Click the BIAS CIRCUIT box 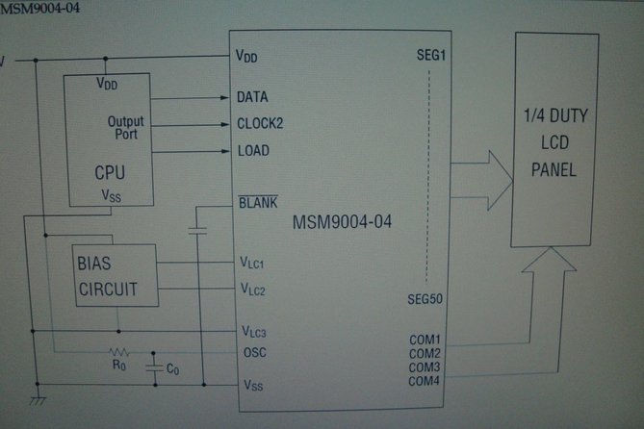tap(116, 275)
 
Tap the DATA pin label tap(252, 98)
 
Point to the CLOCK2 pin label tap(260, 124)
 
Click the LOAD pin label tap(252, 151)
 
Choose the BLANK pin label tap(257, 203)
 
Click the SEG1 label tap(427, 57)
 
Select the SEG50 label tap(425, 299)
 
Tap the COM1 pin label tap(425, 340)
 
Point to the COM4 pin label tap(425, 381)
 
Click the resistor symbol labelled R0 tap(119, 351)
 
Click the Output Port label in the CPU tap(126, 128)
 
